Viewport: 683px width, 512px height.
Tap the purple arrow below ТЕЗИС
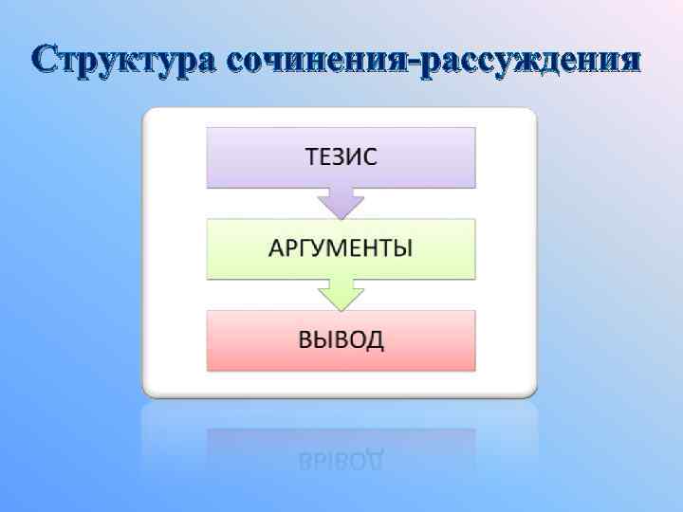[x=341, y=202]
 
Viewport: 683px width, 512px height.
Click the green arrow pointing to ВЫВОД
[x=341, y=294]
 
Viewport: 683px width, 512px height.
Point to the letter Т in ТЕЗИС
[x=311, y=157]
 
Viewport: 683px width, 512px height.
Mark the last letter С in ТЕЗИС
[x=370, y=157]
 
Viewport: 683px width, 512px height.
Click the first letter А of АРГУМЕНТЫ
[x=277, y=249]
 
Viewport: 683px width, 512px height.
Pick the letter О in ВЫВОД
[x=358, y=340]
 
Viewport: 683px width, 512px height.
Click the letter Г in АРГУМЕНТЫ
[x=306, y=249]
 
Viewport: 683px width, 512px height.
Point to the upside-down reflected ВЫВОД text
[x=341, y=461]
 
